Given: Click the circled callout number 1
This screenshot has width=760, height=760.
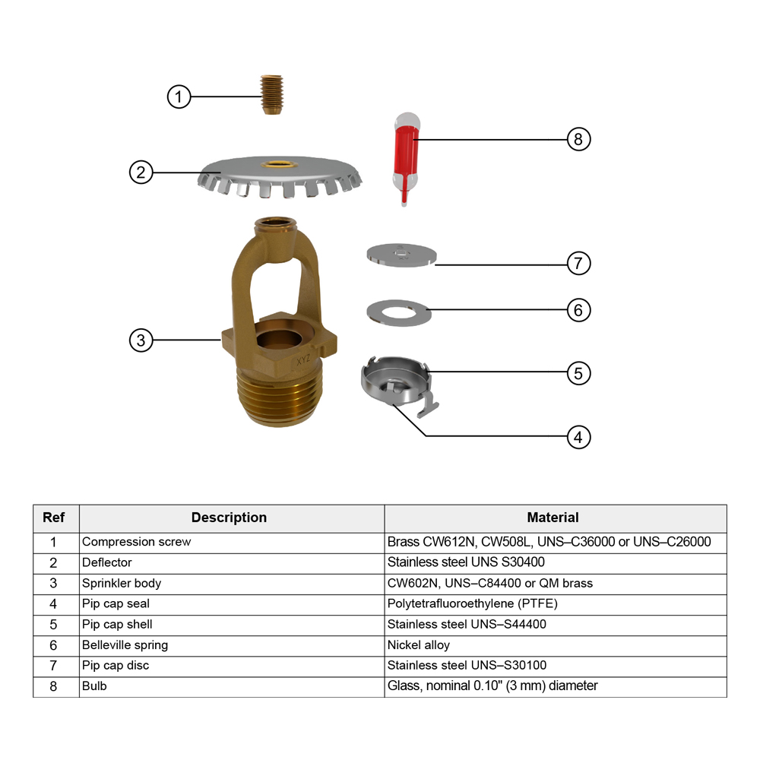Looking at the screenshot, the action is pos(179,97).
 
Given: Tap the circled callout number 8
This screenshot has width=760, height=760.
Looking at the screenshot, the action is pos(578,139).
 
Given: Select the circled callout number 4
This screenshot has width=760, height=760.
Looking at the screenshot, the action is pos(578,437).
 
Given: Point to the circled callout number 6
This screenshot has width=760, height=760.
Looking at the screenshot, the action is pos(578,310).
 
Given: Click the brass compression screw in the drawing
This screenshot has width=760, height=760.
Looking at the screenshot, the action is pos(271,94).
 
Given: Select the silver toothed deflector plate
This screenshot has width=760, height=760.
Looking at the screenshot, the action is pos(280,177).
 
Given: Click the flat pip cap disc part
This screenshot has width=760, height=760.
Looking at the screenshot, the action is pos(401,255).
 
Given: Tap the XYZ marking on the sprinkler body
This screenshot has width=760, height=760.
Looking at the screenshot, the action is pos(303,360).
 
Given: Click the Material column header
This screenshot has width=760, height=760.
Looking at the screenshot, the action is pos(553,518).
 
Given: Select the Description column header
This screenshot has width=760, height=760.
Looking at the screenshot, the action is pos(229,518).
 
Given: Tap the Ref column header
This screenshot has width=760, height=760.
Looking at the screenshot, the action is pos(53,518).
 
